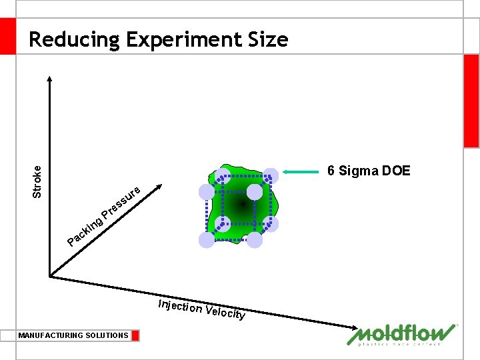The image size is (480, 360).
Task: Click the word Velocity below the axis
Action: tap(226, 312)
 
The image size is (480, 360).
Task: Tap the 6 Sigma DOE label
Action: tap(369, 171)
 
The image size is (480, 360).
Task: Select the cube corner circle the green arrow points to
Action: tap(271, 175)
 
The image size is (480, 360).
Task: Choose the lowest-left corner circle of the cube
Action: tap(207, 241)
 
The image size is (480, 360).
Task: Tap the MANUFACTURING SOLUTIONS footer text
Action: tap(73, 335)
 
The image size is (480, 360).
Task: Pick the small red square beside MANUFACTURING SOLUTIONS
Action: tap(135, 335)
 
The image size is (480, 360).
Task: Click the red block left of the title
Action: tap(7, 36)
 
